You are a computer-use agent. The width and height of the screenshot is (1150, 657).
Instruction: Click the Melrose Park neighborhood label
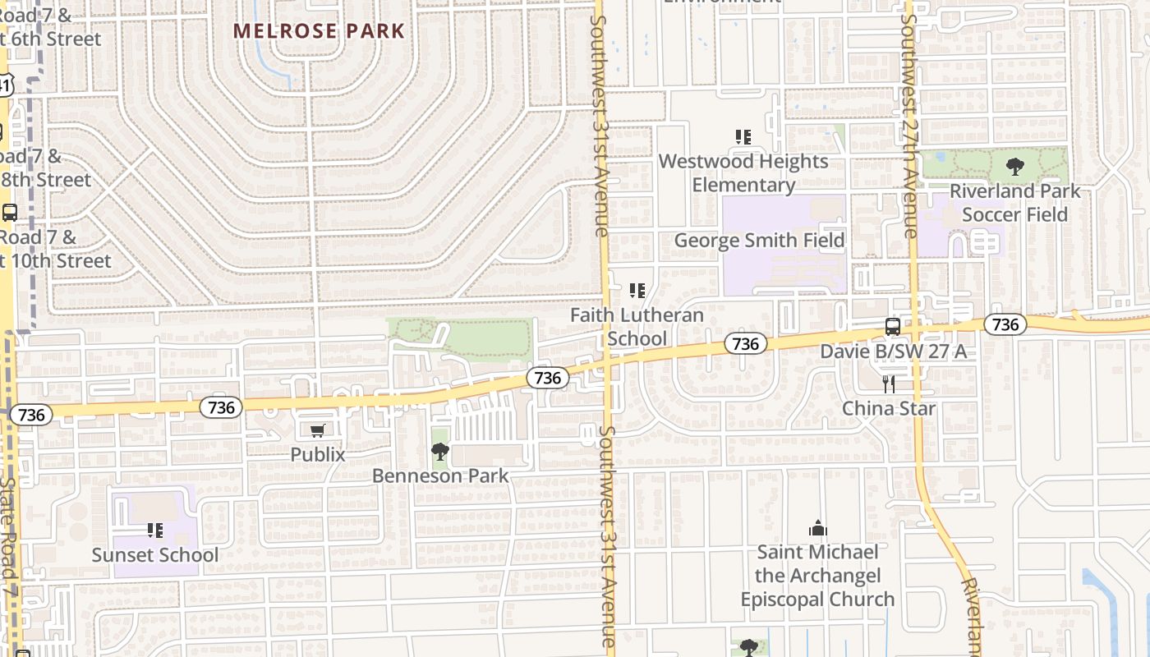(x=319, y=31)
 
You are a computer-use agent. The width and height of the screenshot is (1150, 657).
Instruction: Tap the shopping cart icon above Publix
(x=318, y=430)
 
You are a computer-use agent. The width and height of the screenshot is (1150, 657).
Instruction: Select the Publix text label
(x=318, y=454)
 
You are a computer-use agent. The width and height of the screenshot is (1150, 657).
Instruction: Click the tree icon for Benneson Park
(x=440, y=452)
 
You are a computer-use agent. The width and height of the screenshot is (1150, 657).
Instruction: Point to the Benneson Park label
(x=440, y=476)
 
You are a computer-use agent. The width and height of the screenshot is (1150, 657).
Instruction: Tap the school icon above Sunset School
(x=155, y=531)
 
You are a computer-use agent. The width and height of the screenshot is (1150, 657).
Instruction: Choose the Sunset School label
(x=155, y=555)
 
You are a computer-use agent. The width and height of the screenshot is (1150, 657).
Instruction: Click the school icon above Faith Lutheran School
(x=637, y=291)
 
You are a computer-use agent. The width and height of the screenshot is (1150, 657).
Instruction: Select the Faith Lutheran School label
(x=637, y=327)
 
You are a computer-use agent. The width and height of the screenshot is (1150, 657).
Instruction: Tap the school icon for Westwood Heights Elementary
(x=743, y=137)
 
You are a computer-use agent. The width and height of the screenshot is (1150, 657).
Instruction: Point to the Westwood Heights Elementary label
(x=743, y=172)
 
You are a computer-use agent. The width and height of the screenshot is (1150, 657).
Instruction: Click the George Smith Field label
(x=759, y=240)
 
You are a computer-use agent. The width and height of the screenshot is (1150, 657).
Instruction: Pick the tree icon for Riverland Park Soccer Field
(x=1015, y=167)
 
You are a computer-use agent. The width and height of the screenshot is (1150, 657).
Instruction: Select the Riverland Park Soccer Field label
(x=1014, y=203)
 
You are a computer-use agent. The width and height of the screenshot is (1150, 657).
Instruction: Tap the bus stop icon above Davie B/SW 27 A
(x=893, y=327)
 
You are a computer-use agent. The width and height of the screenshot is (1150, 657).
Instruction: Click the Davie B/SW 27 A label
(x=893, y=351)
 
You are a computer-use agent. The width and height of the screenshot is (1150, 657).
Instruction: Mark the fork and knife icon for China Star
(x=888, y=384)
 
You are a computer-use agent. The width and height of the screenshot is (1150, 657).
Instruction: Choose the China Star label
(x=889, y=408)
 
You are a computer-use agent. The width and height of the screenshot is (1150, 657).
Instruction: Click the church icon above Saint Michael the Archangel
(x=817, y=528)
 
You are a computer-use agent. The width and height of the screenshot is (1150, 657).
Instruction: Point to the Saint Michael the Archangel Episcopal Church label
(x=817, y=576)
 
